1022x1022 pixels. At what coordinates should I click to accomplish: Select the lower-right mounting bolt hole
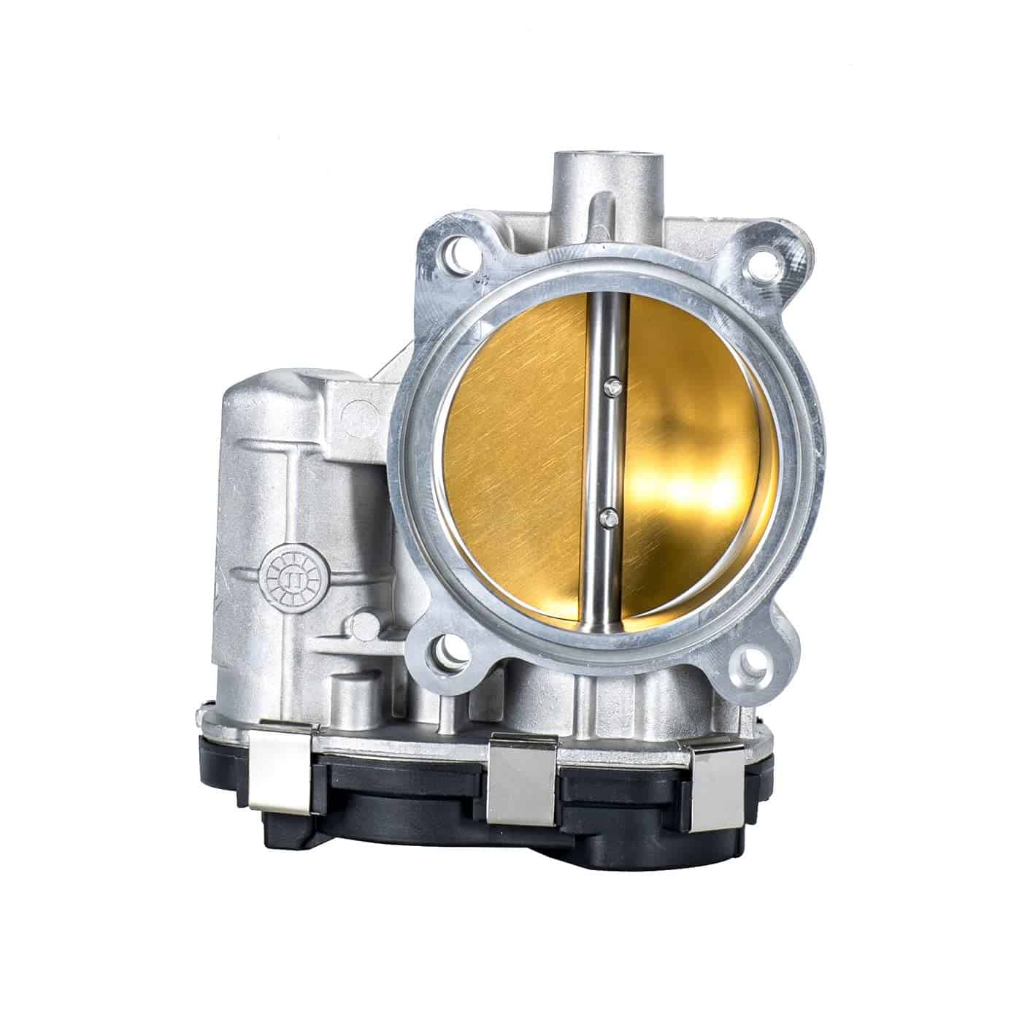(x=753, y=662)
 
